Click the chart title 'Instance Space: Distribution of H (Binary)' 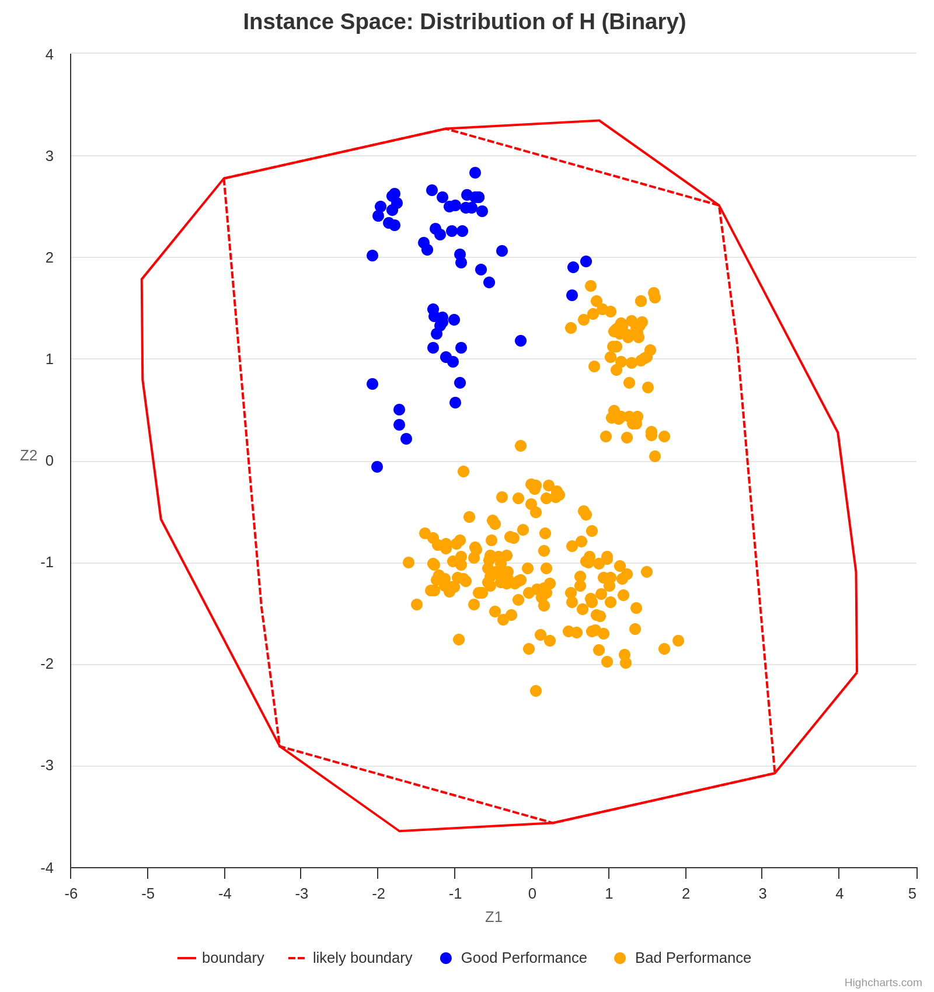[464, 22]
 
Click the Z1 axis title [493, 917]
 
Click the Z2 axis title [29, 456]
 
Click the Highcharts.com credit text [883, 982]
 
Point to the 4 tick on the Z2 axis [50, 54]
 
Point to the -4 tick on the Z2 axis [47, 868]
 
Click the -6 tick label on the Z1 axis [71, 894]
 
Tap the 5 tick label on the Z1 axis [912, 894]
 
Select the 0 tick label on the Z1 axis [532, 894]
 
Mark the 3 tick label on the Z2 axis [50, 156]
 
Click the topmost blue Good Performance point [475, 173]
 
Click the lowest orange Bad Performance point [536, 691]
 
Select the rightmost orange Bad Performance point [678, 641]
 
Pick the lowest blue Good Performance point [377, 467]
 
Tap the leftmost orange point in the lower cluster [409, 563]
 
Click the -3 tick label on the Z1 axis [301, 894]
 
